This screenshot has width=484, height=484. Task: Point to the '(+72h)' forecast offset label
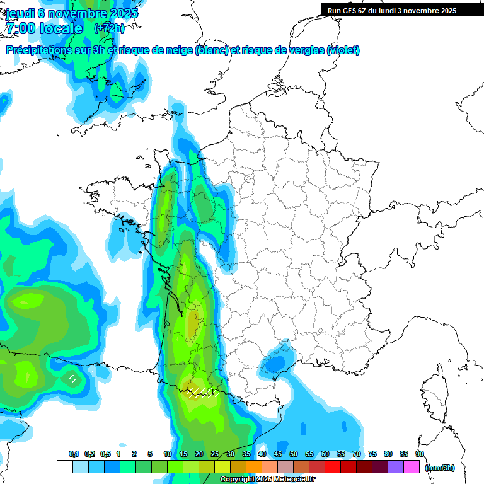tap(109, 28)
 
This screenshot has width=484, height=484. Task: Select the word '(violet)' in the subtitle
tap(343, 50)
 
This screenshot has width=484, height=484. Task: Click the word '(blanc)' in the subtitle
tap(212, 50)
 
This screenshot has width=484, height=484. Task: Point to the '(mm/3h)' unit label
tap(440, 468)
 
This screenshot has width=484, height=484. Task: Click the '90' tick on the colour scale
tap(420, 454)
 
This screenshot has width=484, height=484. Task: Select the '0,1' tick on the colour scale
tap(73, 454)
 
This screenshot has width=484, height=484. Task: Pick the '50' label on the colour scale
tap(294, 454)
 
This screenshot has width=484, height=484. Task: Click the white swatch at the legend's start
tap(64, 466)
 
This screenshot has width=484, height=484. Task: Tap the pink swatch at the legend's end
tap(412, 466)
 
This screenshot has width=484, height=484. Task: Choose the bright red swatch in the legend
tap(333, 466)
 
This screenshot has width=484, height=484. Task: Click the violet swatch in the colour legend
tap(396, 466)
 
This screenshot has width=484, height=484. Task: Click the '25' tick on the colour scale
tap(215, 454)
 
